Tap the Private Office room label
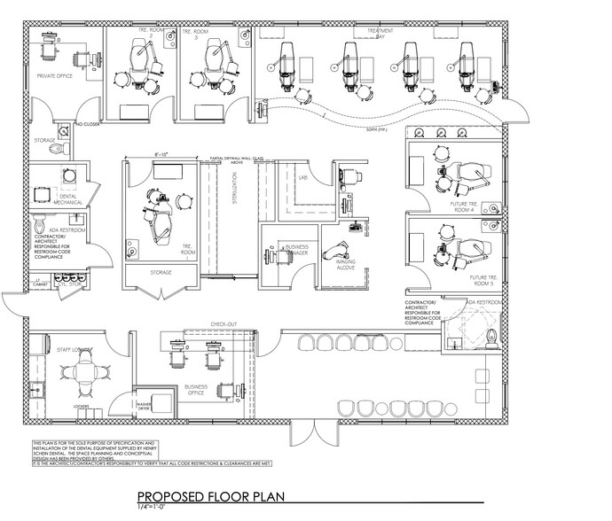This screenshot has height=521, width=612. [x=54, y=77]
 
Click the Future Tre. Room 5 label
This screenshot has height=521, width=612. [x=483, y=282]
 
